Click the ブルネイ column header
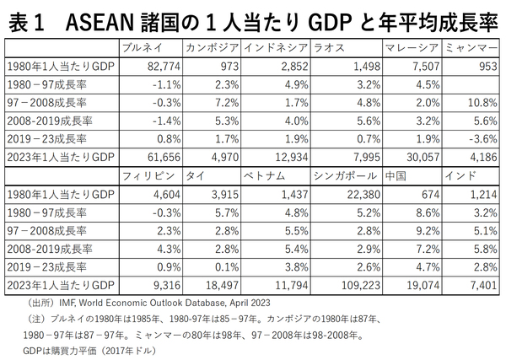pos(142,47)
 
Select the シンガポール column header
pos(344,178)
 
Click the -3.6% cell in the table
pos(480,138)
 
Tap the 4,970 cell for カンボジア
pos(223,157)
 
